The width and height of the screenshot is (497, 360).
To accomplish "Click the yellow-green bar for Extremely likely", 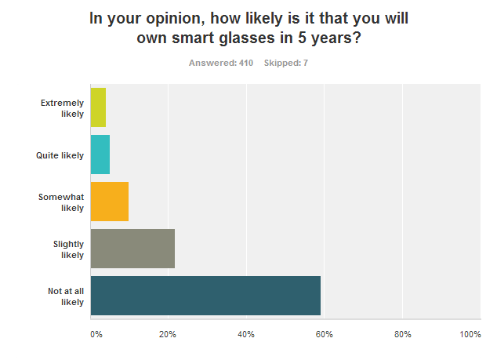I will [x=98, y=107].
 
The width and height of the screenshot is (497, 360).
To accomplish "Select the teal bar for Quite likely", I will [x=100, y=155].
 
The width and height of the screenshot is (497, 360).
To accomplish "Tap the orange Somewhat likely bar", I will [x=110, y=202].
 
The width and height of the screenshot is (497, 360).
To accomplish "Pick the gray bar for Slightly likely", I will [x=132, y=249].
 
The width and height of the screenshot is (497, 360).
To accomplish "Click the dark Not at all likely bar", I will [x=205, y=296].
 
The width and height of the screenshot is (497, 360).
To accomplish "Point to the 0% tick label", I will [x=96, y=335].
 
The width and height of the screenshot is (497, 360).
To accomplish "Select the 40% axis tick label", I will [x=246, y=335].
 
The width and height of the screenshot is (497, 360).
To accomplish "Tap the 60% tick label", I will [x=324, y=335].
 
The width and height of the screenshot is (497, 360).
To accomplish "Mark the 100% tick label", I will [x=470, y=335].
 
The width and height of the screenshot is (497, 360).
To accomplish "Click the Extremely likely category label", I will [x=62, y=108].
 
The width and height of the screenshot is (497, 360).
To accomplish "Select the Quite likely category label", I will [x=60, y=155].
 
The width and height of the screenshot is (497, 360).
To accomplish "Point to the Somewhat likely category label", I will [x=61, y=202].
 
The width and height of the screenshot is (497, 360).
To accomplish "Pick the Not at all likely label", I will [x=65, y=296].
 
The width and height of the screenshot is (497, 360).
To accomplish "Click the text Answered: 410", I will [x=221, y=63].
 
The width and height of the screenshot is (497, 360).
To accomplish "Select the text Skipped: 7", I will [x=286, y=63].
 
